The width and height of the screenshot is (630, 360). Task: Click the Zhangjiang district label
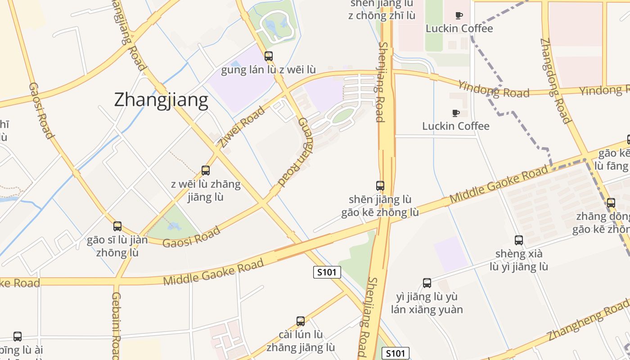161,100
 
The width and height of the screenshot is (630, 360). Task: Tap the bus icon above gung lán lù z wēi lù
269,56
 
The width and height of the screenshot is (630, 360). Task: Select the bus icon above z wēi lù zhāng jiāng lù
206,171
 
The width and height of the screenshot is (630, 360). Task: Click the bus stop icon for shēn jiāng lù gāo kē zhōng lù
380,185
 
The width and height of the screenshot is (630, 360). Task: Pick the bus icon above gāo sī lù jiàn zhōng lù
117,226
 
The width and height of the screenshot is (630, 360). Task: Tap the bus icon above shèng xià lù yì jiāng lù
519,240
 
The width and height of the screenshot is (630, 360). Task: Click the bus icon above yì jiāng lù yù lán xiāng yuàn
427,283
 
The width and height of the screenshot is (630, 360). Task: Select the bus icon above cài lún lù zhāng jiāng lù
301,321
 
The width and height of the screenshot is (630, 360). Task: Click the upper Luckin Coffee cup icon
459,15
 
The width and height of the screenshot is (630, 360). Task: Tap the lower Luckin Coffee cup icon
455,113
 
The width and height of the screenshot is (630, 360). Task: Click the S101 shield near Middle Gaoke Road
327,272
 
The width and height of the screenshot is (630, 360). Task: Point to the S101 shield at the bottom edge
396,353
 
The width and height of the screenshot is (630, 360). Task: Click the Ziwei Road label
242,127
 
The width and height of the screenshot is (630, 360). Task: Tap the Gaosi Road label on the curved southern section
191,236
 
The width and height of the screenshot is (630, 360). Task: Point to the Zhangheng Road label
588,323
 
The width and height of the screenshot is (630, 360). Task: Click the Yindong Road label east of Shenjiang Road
494,89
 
